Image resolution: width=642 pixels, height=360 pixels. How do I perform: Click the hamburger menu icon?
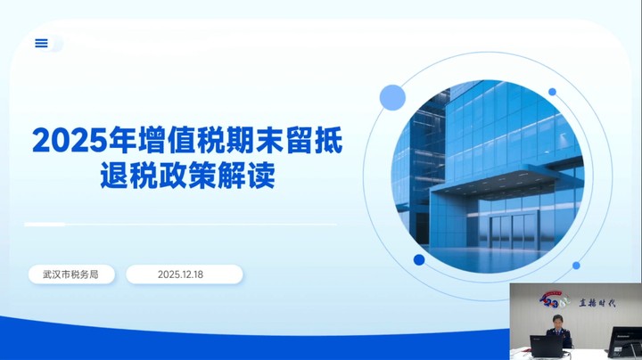[41, 43]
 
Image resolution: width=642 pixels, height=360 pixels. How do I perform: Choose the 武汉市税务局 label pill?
[71, 274]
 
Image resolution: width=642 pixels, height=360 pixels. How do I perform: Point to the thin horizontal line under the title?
[178, 224]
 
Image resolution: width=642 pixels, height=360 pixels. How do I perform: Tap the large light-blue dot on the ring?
[392, 97]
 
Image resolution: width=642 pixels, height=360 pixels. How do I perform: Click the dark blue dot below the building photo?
[419, 260]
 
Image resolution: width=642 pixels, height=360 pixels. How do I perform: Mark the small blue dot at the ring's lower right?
[576, 265]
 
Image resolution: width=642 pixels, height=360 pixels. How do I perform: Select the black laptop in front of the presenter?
[546, 346]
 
